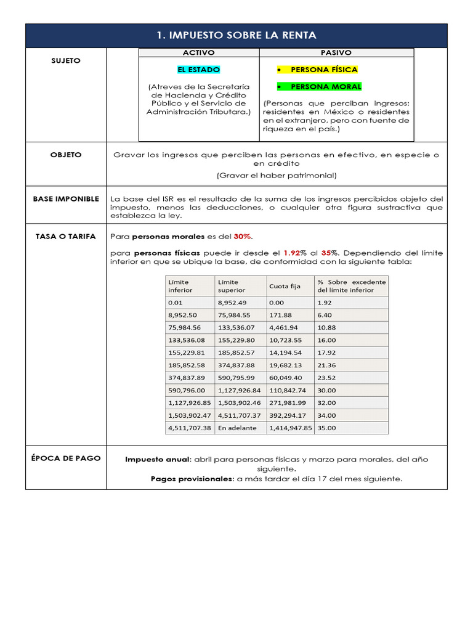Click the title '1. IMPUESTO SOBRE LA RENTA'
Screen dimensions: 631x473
click(236, 36)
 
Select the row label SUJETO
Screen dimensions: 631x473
click(65, 60)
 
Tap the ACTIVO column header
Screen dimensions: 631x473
click(199, 54)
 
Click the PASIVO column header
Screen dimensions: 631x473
click(336, 54)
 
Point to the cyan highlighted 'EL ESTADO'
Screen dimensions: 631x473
click(198, 70)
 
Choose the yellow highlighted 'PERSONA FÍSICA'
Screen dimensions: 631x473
click(324, 70)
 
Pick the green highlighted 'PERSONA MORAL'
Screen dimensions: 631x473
click(326, 87)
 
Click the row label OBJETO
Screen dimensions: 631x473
click(65, 155)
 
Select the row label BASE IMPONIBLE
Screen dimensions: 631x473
click(66, 199)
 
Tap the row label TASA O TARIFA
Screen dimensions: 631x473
click(66, 237)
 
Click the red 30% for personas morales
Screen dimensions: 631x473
click(243, 237)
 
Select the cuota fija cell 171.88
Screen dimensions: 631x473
click(279, 315)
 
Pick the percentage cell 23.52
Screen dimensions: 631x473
click(326, 378)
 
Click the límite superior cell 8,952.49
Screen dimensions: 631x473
click(232, 303)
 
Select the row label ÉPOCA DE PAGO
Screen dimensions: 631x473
click(66, 458)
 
